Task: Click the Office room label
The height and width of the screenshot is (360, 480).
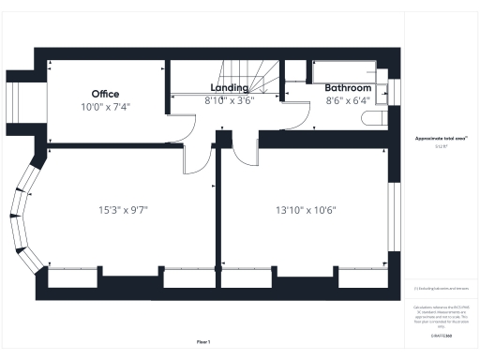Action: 105,94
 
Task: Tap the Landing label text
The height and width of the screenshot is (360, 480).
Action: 229,87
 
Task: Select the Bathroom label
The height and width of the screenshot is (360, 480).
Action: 348,87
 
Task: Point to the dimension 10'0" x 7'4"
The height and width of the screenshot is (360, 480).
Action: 106,107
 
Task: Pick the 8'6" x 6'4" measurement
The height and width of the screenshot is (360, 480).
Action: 348,99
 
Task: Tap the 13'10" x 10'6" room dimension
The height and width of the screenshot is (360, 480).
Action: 305,209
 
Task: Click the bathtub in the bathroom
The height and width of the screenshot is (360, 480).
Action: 343,71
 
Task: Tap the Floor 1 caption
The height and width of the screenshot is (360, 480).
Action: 203,341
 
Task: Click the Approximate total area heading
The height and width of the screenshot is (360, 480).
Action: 440,139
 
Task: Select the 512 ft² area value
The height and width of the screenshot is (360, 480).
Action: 440,147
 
